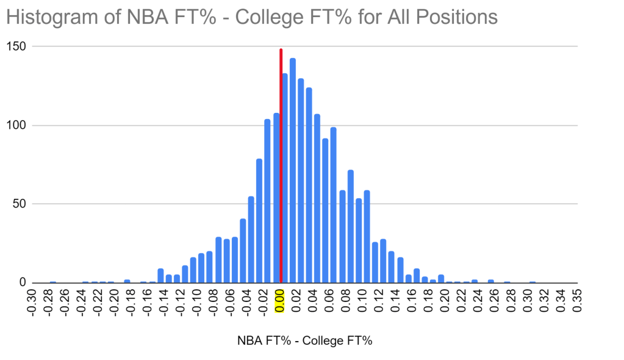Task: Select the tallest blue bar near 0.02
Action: tap(293, 171)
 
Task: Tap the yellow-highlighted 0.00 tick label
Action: tap(280, 300)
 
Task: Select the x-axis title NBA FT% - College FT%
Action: tap(304, 341)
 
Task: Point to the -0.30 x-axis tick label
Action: tap(33, 300)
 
